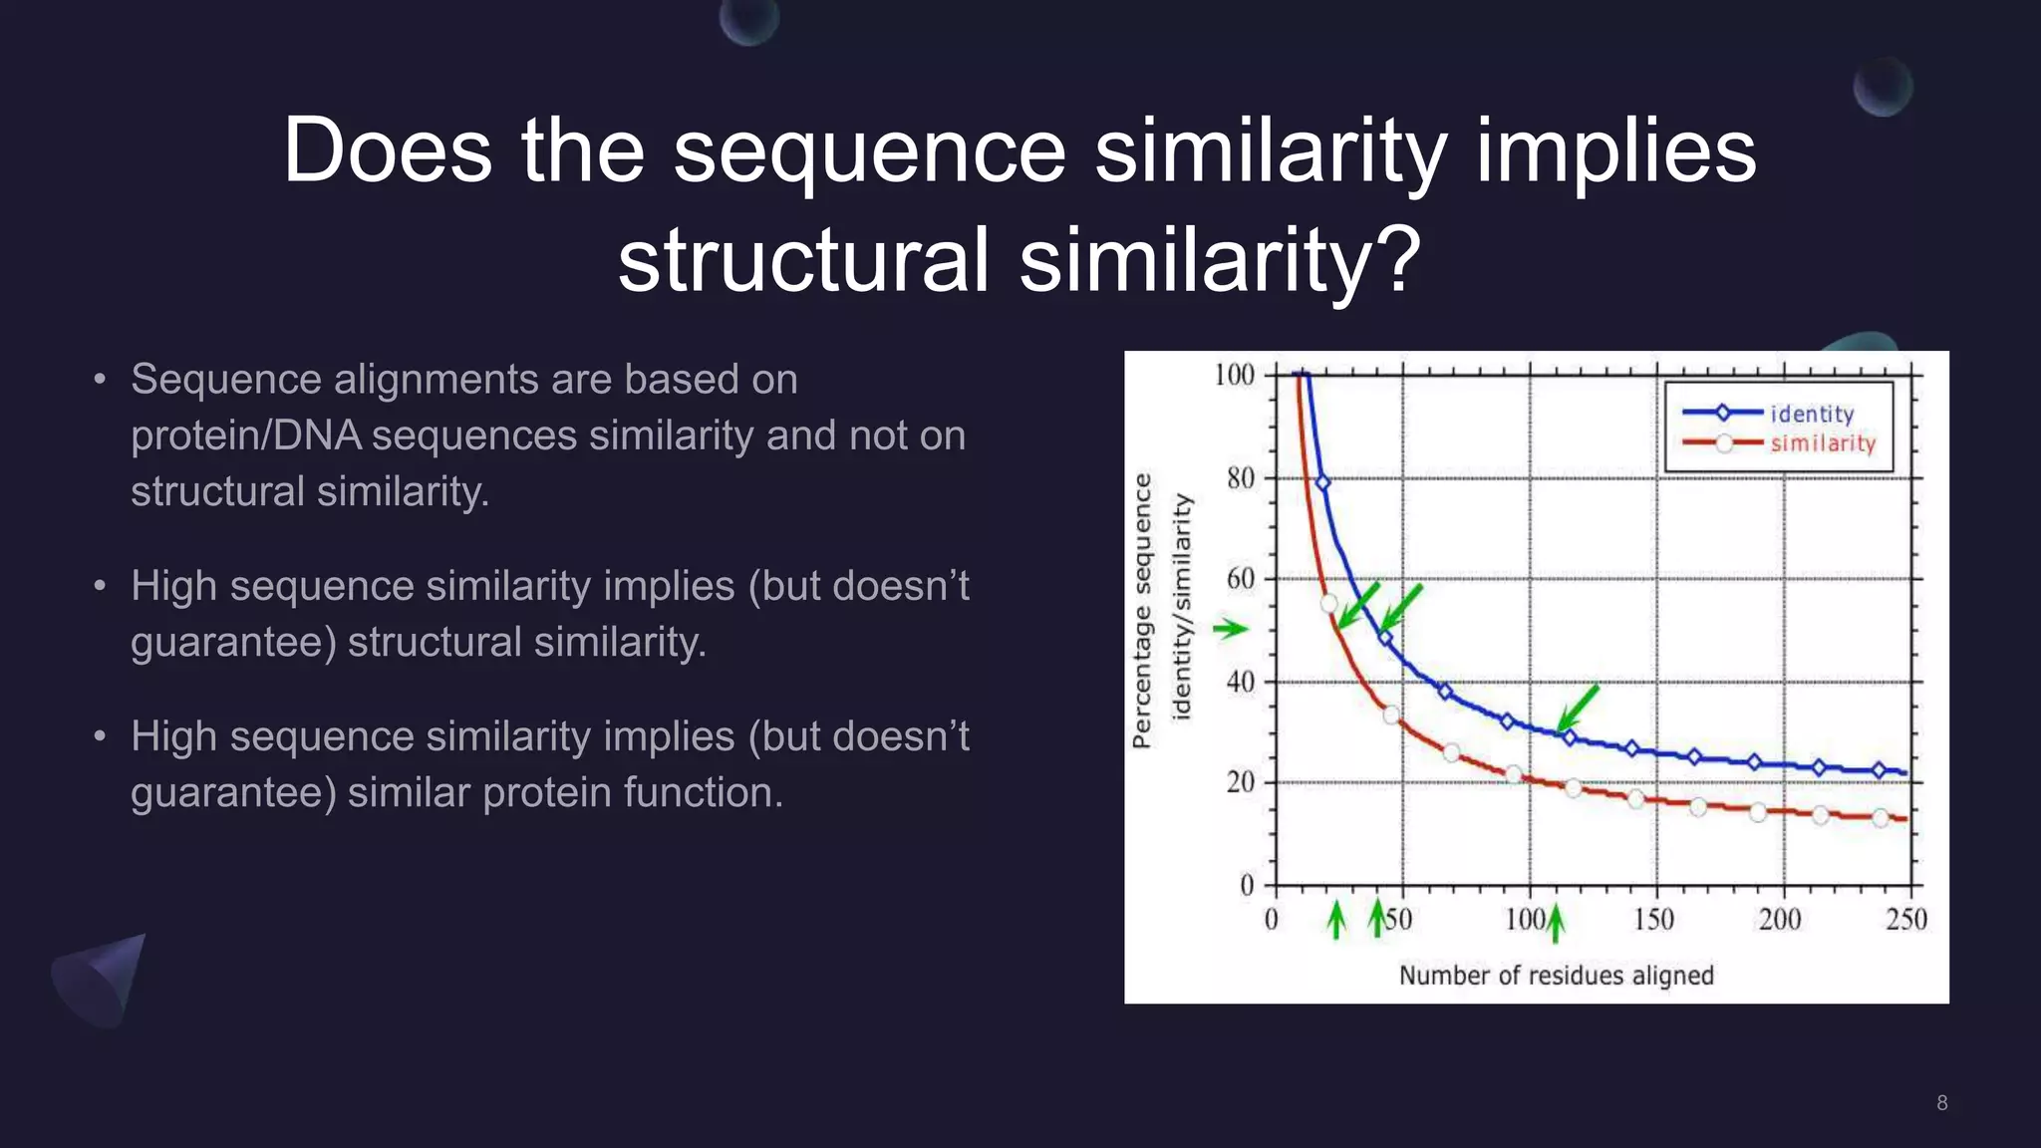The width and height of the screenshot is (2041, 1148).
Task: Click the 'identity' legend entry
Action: (x=1811, y=414)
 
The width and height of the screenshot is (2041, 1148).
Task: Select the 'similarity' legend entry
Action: (x=1822, y=443)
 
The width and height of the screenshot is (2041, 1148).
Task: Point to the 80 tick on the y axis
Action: (x=1241, y=478)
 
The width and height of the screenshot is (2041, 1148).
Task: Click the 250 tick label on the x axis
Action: (x=1904, y=919)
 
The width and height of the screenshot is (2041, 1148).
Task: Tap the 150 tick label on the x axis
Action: (x=1653, y=919)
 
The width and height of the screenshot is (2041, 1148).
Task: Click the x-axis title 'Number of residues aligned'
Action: (x=1556, y=975)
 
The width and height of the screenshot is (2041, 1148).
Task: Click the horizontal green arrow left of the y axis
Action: (x=1230, y=628)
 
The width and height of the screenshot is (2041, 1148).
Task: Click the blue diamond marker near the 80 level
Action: (x=1323, y=482)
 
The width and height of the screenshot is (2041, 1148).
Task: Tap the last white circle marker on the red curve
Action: (x=1880, y=818)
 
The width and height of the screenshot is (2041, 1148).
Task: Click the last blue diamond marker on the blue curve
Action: (x=1879, y=770)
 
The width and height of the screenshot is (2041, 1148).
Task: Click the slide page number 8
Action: (x=1941, y=1102)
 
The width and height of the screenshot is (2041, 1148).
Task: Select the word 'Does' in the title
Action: (x=387, y=150)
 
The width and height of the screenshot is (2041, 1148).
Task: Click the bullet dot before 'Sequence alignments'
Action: (x=99, y=380)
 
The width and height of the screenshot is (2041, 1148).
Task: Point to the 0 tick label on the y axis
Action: (x=1247, y=885)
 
